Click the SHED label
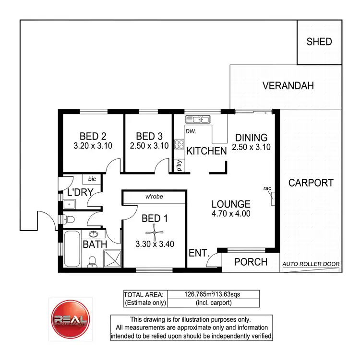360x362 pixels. click(319, 42)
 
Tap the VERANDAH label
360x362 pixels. click(288, 86)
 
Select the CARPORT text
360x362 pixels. click(311, 183)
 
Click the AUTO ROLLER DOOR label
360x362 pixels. click(311, 264)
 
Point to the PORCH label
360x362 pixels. click(251, 262)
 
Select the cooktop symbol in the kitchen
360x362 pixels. click(179, 144)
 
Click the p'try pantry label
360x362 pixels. click(179, 165)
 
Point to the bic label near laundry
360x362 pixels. click(92, 179)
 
